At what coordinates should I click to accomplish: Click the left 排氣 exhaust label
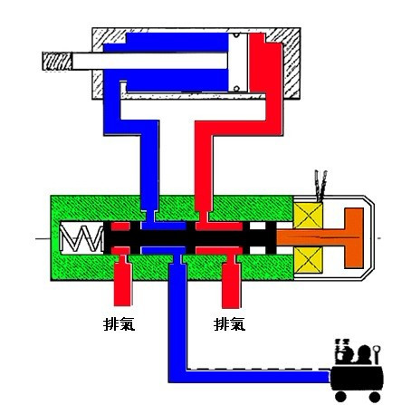119,324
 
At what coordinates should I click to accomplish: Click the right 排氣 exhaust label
229,324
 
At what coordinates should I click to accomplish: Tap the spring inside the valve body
81,238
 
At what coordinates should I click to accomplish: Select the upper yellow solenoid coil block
308,216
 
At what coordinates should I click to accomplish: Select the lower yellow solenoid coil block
308,260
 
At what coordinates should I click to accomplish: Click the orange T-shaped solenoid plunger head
354,238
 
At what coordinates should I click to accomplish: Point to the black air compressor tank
357,379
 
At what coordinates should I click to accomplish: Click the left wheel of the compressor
340,397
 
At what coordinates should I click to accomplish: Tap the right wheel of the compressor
375,397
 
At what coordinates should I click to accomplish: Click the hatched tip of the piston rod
57,62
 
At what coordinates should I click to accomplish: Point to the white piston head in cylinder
238,62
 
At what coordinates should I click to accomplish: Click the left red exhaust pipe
122,280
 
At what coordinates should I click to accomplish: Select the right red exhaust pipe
232,282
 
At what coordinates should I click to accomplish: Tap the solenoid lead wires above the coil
320,186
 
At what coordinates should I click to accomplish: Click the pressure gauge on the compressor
377,353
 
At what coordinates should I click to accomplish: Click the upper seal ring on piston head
236,35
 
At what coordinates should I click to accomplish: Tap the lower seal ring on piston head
236,89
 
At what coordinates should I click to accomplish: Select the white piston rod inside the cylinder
149,62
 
